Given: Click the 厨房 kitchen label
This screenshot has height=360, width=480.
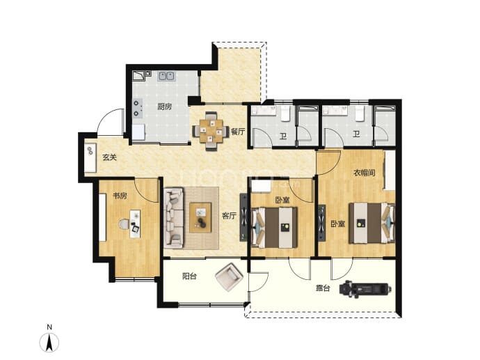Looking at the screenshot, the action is (164, 107).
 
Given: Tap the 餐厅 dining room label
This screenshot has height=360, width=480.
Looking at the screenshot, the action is (238, 132).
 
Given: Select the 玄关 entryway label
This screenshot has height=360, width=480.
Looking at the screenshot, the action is (109, 157).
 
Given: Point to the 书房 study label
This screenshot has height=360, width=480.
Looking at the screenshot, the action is (120, 196).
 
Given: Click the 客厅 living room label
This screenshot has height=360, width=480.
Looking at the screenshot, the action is (229, 216).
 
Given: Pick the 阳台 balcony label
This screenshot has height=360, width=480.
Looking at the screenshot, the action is (189, 276).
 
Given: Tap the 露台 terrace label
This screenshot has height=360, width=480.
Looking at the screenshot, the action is (323, 288).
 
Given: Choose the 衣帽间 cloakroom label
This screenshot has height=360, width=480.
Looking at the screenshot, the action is (365, 173).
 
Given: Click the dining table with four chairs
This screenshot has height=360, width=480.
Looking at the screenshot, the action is (211, 132).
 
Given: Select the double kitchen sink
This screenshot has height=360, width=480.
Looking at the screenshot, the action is (166, 76).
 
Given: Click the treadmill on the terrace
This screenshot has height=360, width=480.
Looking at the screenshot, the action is (365, 288).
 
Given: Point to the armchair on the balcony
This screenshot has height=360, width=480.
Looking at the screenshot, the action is (230, 276).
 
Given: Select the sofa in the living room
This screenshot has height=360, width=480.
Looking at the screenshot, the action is (174, 218).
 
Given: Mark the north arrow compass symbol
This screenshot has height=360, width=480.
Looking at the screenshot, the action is (49, 342).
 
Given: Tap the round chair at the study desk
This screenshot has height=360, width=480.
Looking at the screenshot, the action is (123, 224).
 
